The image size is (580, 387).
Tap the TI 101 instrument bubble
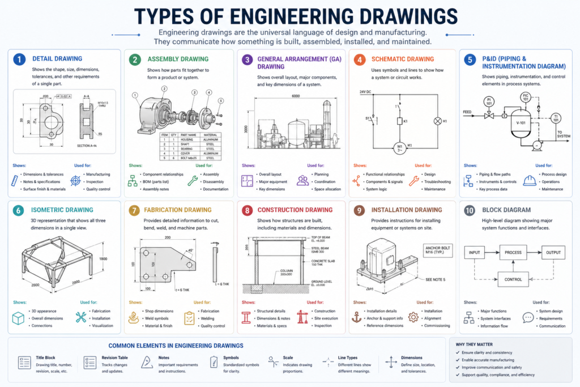(x=556, y=118)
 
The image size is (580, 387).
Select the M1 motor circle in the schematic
(x=399, y=147)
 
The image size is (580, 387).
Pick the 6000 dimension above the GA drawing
(x=296, y=96)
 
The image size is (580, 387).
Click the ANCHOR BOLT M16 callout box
(x=438, y=250)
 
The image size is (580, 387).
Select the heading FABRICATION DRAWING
(x=178, y=210)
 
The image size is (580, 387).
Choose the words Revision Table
(x=114, y=358)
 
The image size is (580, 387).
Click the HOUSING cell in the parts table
(x=186, y=139)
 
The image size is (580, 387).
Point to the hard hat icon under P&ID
(x=530, y=181)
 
